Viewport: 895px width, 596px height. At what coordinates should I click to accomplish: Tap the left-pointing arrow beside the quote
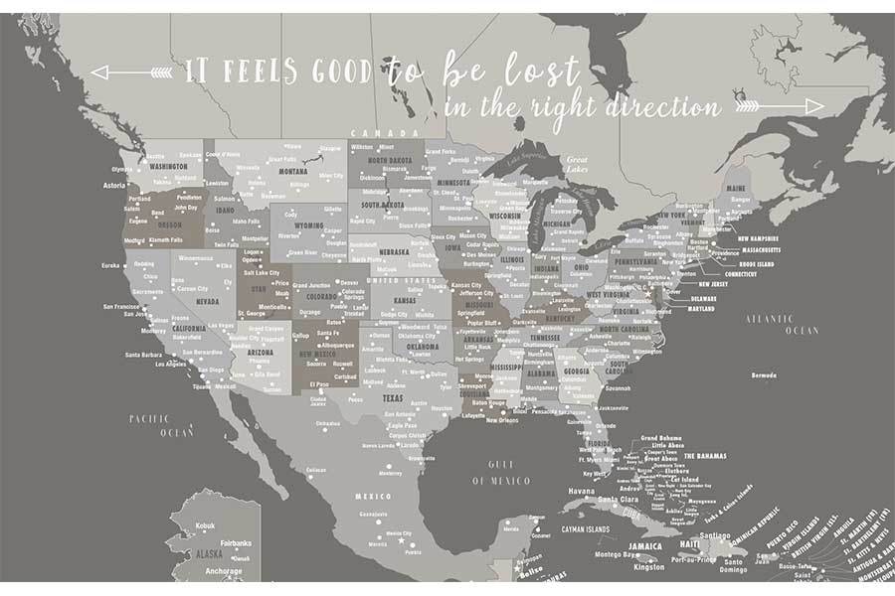click(x=130, y=72)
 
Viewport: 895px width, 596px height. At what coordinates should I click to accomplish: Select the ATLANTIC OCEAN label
click(x=775, y=322)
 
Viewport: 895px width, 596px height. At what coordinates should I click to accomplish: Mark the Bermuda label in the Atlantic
click(x=763, y=376)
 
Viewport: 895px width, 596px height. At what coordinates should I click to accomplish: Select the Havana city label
click(x=581, y=492)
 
